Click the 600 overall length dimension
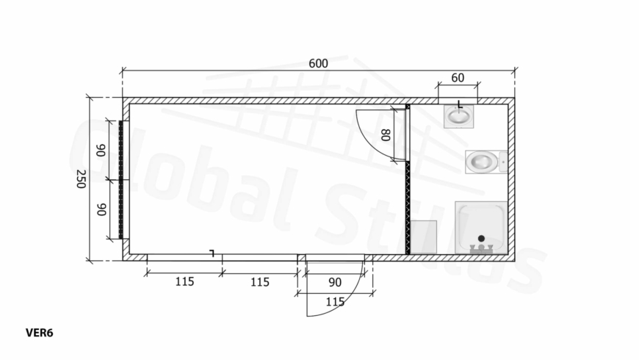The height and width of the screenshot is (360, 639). point(318,64)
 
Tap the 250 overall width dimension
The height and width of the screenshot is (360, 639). point(81,179)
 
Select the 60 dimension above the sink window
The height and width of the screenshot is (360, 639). point(458,77)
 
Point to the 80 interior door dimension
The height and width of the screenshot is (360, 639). point(386,134)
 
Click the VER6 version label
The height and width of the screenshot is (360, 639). point(39,333)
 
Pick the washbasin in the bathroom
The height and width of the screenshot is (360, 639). point(458,116)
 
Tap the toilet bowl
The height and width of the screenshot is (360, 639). point(482,162)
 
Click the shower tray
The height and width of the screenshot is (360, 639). point(481,228)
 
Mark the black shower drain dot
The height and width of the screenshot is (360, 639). point(481,239)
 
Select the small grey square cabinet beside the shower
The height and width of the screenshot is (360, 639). point(423,237)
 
